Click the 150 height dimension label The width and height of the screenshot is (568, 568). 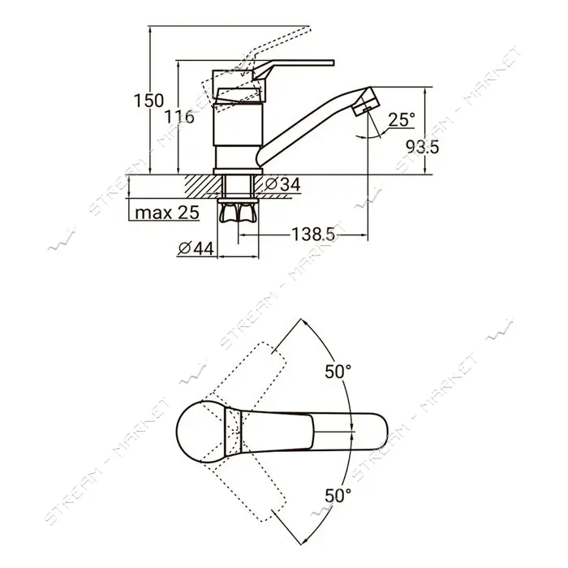pos(148,101)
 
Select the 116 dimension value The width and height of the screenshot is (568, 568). pos(179,117)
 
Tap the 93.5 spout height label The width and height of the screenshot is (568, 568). pos(423,147)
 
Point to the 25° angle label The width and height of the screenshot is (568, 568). pos(402,119)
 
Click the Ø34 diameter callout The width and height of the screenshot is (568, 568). pos(282,185)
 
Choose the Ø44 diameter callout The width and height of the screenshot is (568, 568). pos(196,248)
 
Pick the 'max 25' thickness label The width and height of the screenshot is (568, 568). pos(167,213)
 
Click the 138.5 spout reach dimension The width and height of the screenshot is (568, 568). pos(313,234)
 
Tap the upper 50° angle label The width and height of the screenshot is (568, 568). pos(338,372)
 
